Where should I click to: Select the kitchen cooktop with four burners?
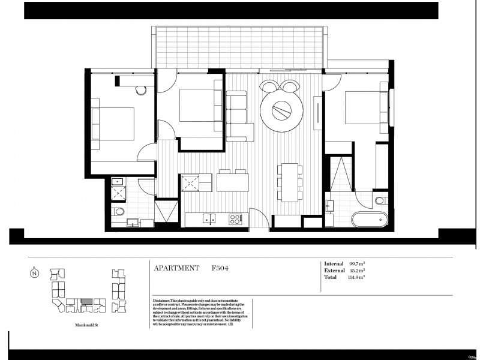click(x=235, y=219)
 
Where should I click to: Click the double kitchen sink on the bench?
click(x=209, y=219)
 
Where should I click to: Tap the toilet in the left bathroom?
click(x=119, y=211)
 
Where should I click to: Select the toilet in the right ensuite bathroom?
click(x=381, y=200)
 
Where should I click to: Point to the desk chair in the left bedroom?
click(x=141, y=90)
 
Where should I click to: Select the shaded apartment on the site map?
click(x=87, y=301)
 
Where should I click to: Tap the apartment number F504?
click(x=220, y=268)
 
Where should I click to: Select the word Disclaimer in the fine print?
click(x=161, y=301)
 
